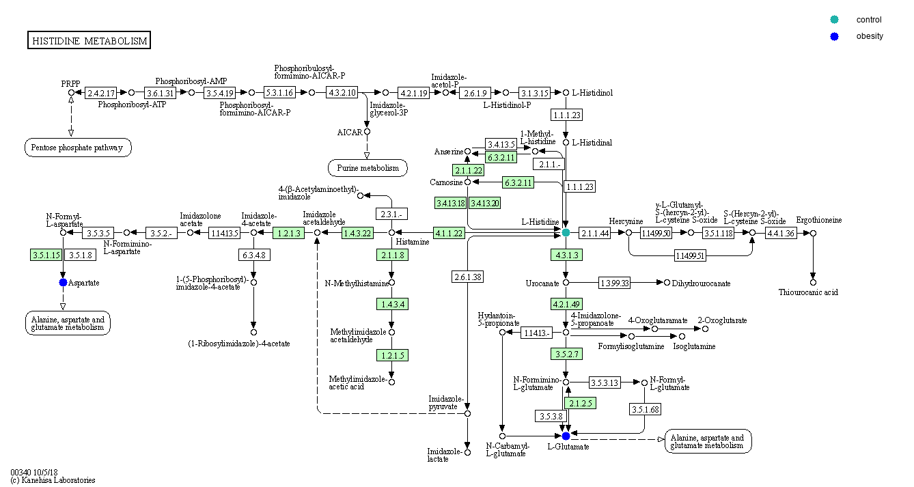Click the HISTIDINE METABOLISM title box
pos(89,41)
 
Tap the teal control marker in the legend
pos(835,20)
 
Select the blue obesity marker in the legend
pos(835,36)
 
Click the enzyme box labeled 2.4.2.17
pos(100,92)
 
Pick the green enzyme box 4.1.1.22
pos(449,233)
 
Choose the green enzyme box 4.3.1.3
pos(566,255)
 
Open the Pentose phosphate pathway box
pos(78,147)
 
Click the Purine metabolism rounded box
pos(368,167)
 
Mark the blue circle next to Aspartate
pos(64,282)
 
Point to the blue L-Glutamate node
pos(566,436)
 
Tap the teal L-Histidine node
pos(566,233)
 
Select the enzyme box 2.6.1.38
pos(467,277)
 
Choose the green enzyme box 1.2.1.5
pos(391,354)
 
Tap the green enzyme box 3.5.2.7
pos(566,353)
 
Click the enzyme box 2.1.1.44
pos(594,233)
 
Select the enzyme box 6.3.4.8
pos(253,255)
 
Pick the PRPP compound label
pos(70,84)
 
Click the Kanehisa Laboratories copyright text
pos(53,480)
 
